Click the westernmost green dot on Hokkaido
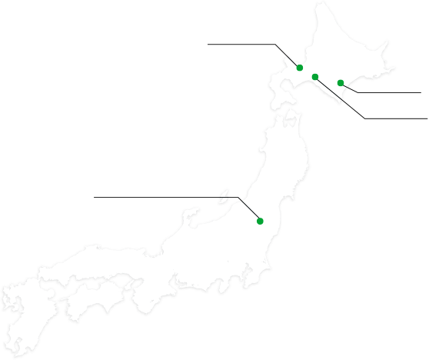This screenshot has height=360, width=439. coord(300,68)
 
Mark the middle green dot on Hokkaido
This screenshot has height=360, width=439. coord(316,76)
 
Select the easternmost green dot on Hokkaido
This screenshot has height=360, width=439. coord(341,82)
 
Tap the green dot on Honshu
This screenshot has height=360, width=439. coord(260,222)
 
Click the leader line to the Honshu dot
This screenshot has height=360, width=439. coord(251,211)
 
